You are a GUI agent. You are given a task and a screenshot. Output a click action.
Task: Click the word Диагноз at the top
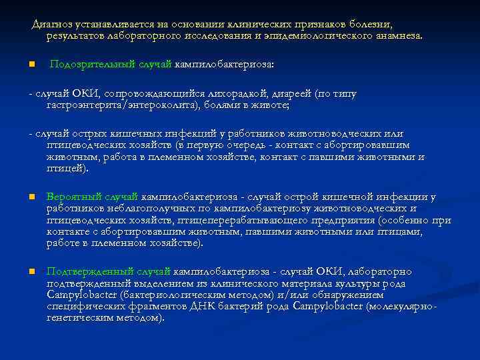click(x=53, y=24)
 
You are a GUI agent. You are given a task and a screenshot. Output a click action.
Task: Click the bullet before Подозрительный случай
click(x=31, y=65)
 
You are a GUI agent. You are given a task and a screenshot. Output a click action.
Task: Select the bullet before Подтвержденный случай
click(x=31, y=273)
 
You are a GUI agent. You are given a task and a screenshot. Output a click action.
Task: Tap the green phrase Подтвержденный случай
click(x=109, y=272)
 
